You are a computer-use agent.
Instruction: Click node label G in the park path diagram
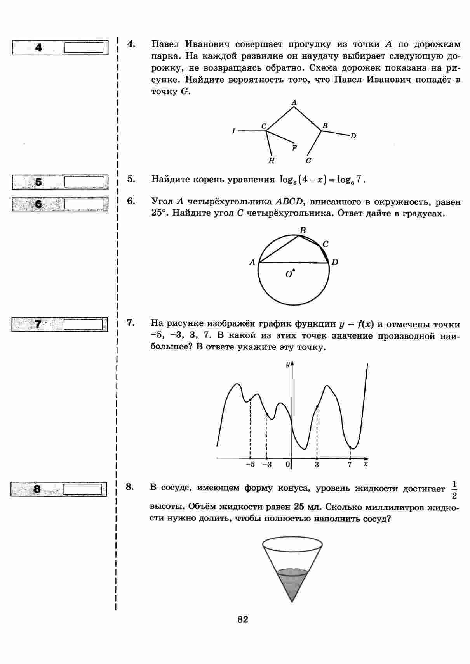(308, 161)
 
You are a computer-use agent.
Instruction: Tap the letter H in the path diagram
(272, 161)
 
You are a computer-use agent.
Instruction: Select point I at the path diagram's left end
(233, 131)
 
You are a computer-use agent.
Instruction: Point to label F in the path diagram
(294, 148)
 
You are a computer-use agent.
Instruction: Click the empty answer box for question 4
(84, 48)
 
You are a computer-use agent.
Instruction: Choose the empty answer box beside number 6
(84, 204)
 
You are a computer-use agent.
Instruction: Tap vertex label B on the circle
(303, 230)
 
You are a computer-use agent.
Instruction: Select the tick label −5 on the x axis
(250, 464)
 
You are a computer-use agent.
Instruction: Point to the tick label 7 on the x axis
(350, 464)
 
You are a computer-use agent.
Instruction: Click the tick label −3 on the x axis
(267, 464)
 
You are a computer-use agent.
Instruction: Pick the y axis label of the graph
(287, 364)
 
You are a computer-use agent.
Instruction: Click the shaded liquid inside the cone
(292, 582)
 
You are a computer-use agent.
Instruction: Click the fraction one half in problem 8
(454, 490)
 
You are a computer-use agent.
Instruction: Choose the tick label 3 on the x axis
(317, 464)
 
